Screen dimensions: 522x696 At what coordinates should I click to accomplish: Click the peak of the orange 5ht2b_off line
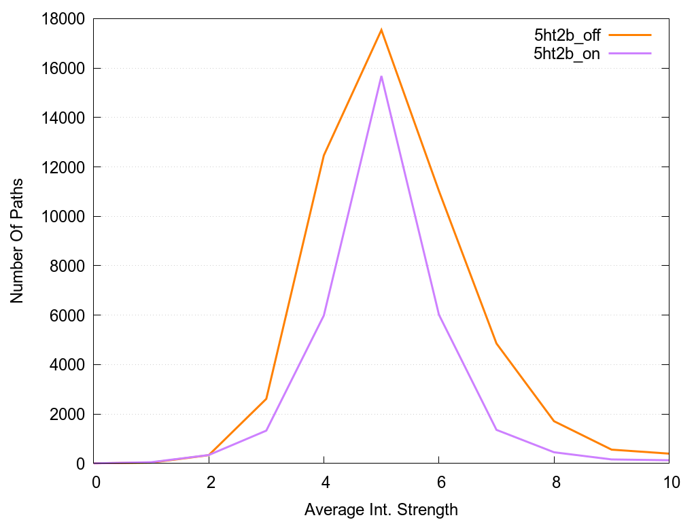point(381,30)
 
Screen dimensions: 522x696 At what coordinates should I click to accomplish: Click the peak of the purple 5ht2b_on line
point(381,76)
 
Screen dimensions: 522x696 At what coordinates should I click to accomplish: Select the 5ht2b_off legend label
point(568,35)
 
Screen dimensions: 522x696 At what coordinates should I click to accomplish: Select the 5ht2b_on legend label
point(568,54)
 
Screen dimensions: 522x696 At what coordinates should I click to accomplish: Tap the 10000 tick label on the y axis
point(66,217)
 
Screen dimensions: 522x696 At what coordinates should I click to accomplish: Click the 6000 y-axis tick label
point(70,315)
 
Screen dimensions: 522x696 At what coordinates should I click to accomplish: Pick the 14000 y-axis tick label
point(66,118)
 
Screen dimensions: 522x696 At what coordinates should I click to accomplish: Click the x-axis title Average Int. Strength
point(381,509)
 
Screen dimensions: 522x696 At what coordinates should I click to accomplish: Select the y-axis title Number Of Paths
point(17,241)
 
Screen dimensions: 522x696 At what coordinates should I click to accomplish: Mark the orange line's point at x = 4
point(324,155)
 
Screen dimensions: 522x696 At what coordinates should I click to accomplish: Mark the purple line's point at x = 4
point(324,315)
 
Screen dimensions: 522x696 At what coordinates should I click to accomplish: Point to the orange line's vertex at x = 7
point(497,343)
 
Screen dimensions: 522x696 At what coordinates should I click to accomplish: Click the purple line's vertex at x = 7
point(497,430)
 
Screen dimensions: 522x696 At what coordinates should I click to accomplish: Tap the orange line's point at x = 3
point(266,399)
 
